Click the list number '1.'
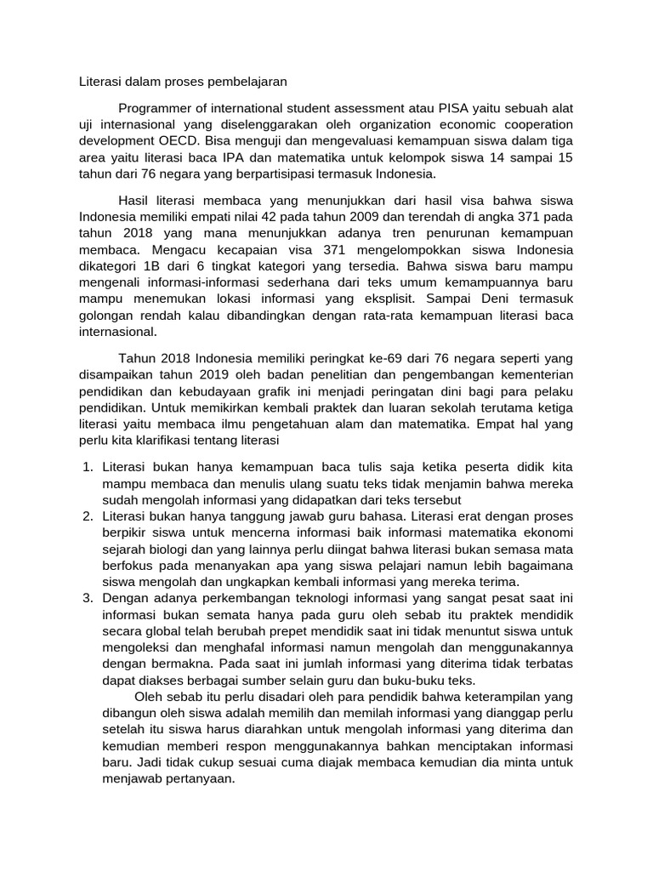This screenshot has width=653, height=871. (x=88, y=467)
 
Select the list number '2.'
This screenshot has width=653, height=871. (x=88, y=516)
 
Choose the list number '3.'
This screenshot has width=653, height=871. (x=88, y=599)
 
